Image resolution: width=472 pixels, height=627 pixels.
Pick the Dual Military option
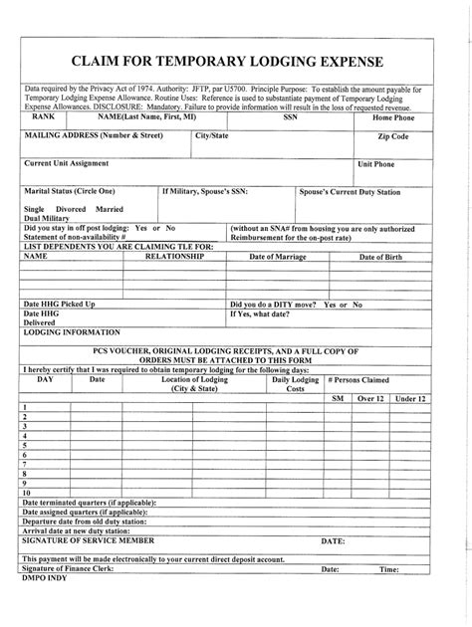click(51, 219)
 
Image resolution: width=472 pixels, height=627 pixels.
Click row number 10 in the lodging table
click(27, 493)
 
